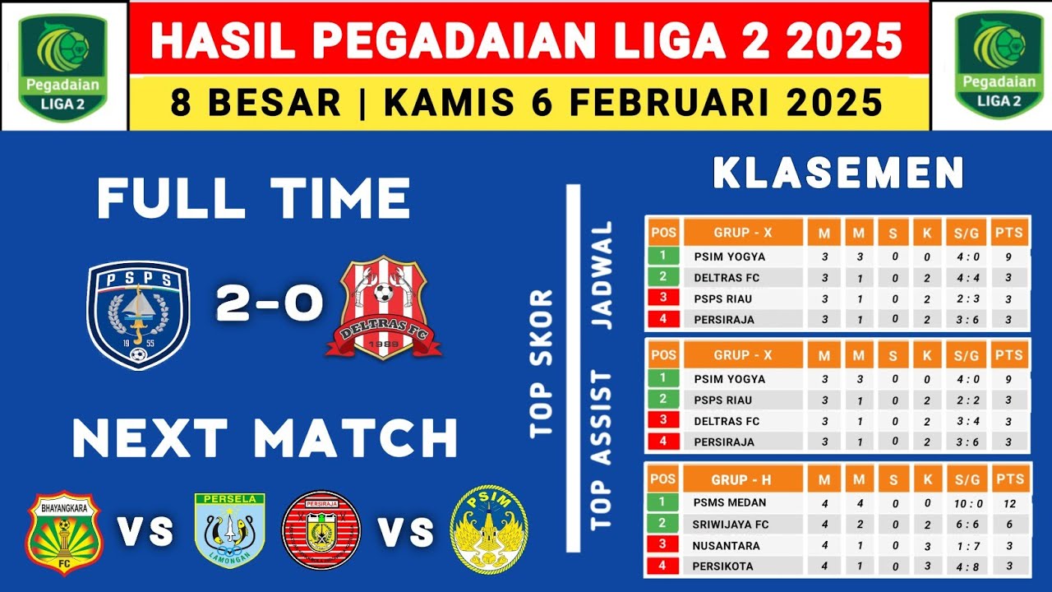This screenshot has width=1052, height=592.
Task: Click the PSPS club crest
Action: (138, 313)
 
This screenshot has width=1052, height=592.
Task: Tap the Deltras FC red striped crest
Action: (384, 308)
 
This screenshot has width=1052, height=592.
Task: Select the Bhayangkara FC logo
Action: (62, 532)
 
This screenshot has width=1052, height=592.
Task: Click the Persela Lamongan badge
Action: (230, 530)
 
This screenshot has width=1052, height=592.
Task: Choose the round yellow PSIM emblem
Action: (489, 529)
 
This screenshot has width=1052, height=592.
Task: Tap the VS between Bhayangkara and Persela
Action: (145, 532)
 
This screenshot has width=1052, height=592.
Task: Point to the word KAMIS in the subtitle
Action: (436, 103)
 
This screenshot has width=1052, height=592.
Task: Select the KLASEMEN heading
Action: (838, 173)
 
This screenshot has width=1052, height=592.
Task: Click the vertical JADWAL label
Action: (603, 275)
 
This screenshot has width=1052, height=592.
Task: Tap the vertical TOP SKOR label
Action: (541, 363)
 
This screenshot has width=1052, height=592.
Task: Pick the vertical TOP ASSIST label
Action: (603, 451)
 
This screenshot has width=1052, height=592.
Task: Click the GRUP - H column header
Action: (742, 479)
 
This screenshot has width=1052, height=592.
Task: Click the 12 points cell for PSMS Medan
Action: (1008, 502)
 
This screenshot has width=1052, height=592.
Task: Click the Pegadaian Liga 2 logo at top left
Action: (63, 65)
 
